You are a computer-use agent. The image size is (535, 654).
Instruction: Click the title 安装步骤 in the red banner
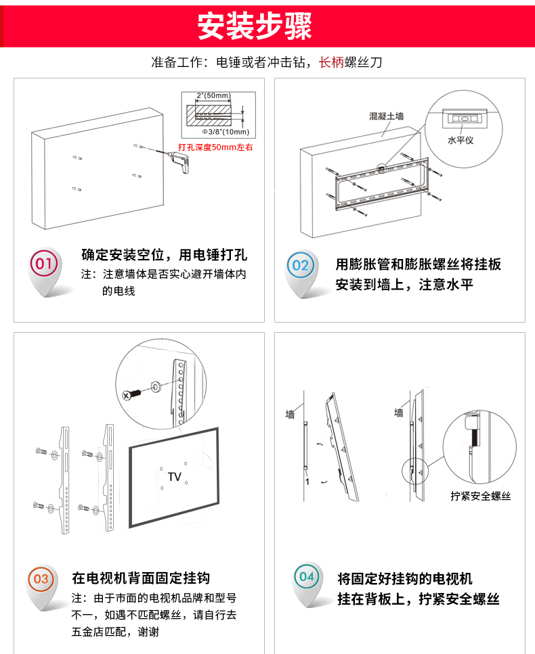click(x=254, y=26)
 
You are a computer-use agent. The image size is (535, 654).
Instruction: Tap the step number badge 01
click(x=44, y=264)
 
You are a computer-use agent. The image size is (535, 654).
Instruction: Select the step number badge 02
click(x=300, y=265)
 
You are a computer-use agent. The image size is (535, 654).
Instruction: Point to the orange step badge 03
click(x=41, y=579)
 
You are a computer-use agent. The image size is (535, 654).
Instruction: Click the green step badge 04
click(x=307, y=577)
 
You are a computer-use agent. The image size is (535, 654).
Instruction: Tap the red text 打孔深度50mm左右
click(x=215, y=147)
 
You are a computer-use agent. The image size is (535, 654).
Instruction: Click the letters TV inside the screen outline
click(x=174, y=477)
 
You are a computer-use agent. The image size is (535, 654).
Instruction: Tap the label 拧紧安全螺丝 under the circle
click(x=481, y=496)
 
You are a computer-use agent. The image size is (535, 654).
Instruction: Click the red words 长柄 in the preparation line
click(x=332, y=63)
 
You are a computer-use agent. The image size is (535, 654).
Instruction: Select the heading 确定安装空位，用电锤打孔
click(x=164, y=255)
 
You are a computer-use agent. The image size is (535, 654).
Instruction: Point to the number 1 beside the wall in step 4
click(x=307, y=482)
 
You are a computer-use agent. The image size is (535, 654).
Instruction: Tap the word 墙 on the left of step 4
click(x=290, y=414)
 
